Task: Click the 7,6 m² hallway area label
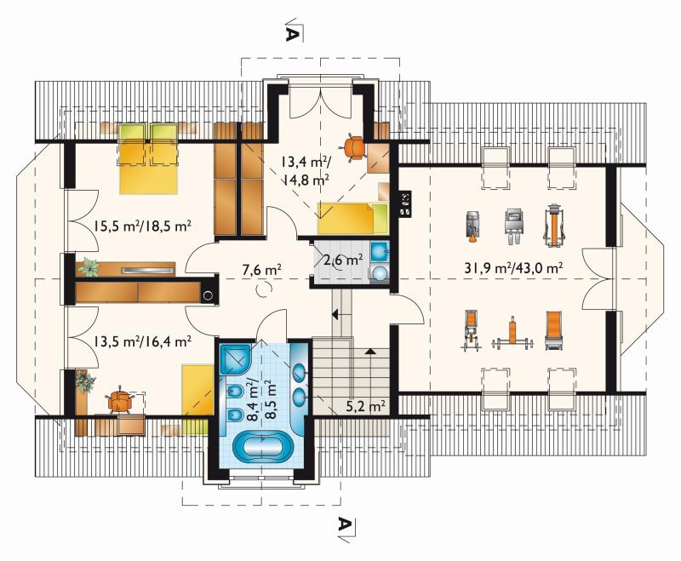tap(262, 270)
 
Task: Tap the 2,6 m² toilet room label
tap(343, 260)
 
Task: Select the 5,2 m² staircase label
tap(366, 406)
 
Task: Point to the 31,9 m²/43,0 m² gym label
tap(514, 267)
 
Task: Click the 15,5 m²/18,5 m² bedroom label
tap(141, 226)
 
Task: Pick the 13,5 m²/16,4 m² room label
tap(141, 341)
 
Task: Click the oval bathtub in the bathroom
tap(261, 446)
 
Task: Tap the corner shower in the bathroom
tap(235, 358)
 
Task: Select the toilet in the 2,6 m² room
tap(380, 273)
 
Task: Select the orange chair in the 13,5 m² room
tap(119, 400)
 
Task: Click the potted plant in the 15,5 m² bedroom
tap(89, 266)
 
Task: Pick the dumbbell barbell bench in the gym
tap(512, 335)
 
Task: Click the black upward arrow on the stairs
tap(369, 351)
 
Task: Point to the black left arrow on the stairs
tap(335, 313)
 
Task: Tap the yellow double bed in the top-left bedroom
tap(148, 158)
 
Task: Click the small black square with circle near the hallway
tap(209, 295)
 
